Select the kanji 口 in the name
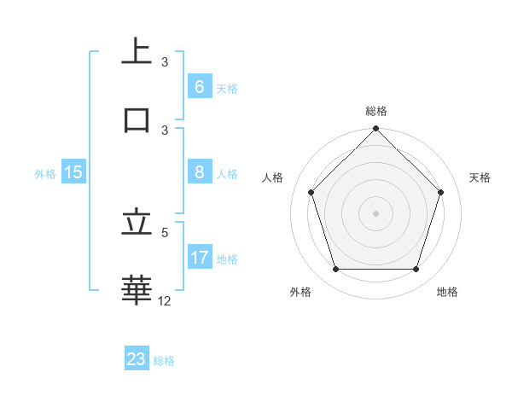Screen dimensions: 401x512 137,119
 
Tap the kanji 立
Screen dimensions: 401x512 137,223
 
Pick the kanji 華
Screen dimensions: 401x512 137,289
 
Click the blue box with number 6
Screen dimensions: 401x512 199,87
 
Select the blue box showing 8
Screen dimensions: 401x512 199,172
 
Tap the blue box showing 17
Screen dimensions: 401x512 199,258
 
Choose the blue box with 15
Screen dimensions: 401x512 73,172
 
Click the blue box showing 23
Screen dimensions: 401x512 137,359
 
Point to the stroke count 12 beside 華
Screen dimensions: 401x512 165,300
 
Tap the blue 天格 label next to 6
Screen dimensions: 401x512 227,88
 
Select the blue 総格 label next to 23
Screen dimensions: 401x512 164,361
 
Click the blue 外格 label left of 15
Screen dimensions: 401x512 45,173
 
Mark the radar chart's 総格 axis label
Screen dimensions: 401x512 375,111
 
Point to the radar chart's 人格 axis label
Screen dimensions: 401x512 273,177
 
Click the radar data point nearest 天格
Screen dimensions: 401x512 440,192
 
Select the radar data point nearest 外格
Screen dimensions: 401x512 335,269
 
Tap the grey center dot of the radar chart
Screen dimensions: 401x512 375,213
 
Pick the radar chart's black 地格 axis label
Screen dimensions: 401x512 447,292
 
